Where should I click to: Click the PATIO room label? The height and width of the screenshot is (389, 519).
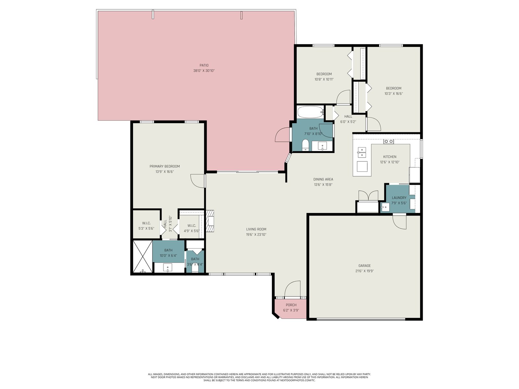204,65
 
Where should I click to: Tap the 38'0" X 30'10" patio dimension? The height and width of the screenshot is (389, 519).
204,71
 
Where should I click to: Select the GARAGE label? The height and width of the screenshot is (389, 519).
364,266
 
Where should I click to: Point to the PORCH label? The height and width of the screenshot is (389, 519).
291,305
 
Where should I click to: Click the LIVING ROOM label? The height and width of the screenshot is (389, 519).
256,229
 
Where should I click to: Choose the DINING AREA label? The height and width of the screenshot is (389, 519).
323,179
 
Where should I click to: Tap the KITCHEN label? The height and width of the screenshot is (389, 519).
390,157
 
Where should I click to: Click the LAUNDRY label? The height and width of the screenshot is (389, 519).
399,198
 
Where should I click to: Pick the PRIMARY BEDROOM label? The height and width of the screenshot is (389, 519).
164,166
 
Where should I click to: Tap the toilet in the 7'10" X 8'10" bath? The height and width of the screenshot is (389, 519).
306,145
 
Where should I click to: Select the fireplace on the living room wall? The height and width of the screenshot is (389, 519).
210,221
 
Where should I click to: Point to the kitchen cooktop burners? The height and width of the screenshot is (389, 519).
389,141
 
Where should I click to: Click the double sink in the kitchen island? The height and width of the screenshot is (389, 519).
362,152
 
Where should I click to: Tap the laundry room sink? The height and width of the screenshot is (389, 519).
385,207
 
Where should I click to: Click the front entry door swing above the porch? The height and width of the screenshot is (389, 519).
292,289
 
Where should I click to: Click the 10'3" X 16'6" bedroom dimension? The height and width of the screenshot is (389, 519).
393,94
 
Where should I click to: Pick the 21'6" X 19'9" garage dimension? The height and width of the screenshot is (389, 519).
364,271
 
